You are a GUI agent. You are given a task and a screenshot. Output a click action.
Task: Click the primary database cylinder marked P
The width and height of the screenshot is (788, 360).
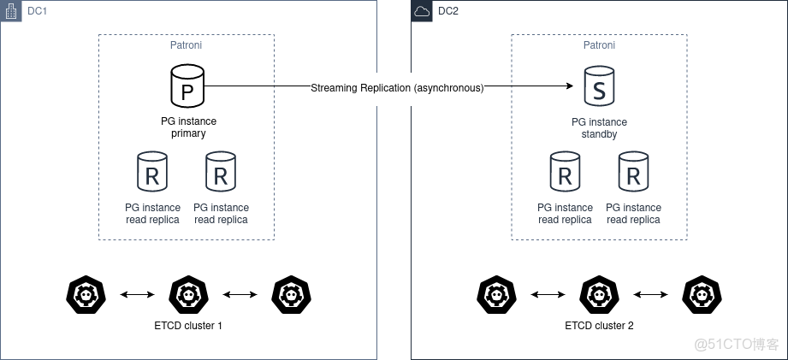point(187,86)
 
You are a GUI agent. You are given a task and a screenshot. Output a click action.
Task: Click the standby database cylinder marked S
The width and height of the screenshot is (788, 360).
point(599,86)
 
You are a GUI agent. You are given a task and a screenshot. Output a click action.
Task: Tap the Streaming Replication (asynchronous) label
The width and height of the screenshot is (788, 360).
point(397,87)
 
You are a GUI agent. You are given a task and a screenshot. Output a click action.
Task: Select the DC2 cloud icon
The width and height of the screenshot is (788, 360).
point(423,11)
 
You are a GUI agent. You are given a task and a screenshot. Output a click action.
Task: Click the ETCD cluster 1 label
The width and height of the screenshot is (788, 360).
point(187,326)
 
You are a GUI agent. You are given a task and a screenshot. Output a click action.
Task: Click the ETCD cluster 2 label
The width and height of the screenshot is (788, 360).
point(599,326)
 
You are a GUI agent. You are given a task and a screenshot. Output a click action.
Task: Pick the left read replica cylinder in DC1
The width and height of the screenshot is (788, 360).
point(152,172)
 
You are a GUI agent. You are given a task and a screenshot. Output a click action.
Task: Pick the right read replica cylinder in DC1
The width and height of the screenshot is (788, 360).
point(221,172)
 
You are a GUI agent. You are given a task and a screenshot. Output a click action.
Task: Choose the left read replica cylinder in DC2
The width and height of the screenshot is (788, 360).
point(565,172)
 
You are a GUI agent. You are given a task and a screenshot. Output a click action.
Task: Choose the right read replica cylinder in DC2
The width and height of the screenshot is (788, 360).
point(633,172)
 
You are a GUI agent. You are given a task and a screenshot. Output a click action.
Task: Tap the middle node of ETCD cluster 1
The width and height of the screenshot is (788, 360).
point(187,294)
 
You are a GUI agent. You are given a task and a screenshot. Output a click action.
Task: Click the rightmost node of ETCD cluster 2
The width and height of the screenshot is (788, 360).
point(702,294)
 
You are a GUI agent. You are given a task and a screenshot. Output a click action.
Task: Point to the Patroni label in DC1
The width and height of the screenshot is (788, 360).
point(187,45)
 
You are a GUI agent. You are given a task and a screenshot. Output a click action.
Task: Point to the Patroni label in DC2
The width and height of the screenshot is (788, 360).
point(599,45)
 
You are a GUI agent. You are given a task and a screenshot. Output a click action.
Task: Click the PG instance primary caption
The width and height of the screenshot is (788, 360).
point(187,127)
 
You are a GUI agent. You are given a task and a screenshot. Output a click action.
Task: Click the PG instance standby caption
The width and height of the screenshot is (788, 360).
point(599,128)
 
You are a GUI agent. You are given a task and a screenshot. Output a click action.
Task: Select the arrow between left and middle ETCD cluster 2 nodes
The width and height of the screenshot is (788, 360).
point(548,295)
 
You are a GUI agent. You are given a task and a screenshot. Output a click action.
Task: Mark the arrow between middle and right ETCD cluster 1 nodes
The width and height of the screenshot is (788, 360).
point(239,295)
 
